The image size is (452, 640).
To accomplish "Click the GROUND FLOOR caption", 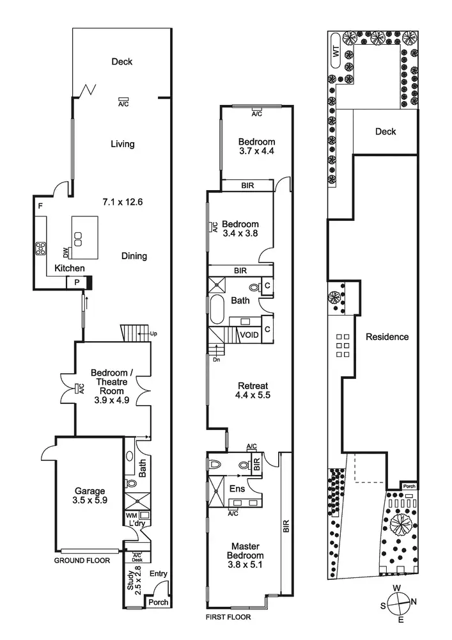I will point(82,560).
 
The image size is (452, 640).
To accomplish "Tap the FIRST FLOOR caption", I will point(228,618).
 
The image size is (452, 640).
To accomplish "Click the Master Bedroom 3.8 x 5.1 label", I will point(245,556).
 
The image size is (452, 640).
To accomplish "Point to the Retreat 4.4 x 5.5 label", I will point(253,390).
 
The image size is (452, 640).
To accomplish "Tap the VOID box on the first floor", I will point(249,334).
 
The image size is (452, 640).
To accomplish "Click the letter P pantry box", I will point(77,282).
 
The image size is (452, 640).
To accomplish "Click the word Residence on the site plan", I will point(387,337).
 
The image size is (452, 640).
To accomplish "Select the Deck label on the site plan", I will point(385,132).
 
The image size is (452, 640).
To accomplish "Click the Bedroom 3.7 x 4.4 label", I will point(256,147).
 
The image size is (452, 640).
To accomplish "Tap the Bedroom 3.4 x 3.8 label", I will point(240,228).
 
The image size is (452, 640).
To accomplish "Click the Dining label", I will point(134,256).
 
